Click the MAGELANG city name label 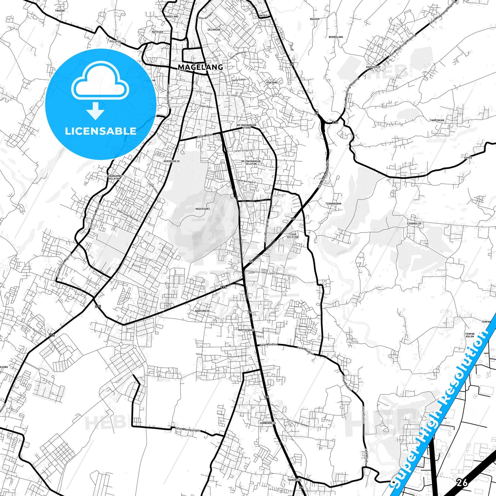[x=200, y=67]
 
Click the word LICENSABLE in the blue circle [x=101, y=131]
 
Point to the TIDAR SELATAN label [x=292, y=235]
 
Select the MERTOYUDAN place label [x=246, y=330]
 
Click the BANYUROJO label [x=202, y=311]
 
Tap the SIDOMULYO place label [x=414, y=223]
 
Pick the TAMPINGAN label [x=437, y=120]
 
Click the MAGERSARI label [x=203, y=209]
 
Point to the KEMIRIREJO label [x=172, y=161]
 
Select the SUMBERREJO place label [x=268, y=423]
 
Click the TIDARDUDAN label [x=333, y=204]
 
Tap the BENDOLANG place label [x=336, y=37]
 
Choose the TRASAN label [x=60, y=11]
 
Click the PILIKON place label [x=115, y=41]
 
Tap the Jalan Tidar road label [x=205, y=136]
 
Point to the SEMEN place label [x=468, y=158]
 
